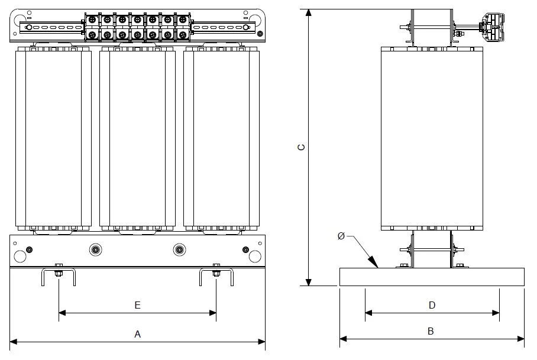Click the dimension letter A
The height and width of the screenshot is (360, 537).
(137, 334)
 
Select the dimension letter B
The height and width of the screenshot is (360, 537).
(431, 331)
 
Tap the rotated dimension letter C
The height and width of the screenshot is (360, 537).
(302, 147)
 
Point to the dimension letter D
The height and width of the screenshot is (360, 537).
(432, 305)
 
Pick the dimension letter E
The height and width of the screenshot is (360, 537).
(137, 305)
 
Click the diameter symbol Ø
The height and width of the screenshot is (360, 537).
(341, 236)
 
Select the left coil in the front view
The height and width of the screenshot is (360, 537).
(53, 138)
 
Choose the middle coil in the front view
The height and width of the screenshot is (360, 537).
(137, 138)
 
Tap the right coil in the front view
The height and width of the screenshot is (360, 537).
(222, 138)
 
